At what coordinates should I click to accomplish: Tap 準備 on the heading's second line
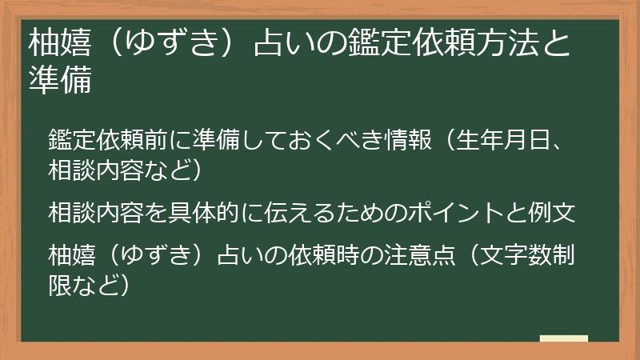(x=60, y=80)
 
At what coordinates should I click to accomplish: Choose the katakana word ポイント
(x=456, y=214)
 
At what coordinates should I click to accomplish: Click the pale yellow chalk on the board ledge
(x=563, y=339)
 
